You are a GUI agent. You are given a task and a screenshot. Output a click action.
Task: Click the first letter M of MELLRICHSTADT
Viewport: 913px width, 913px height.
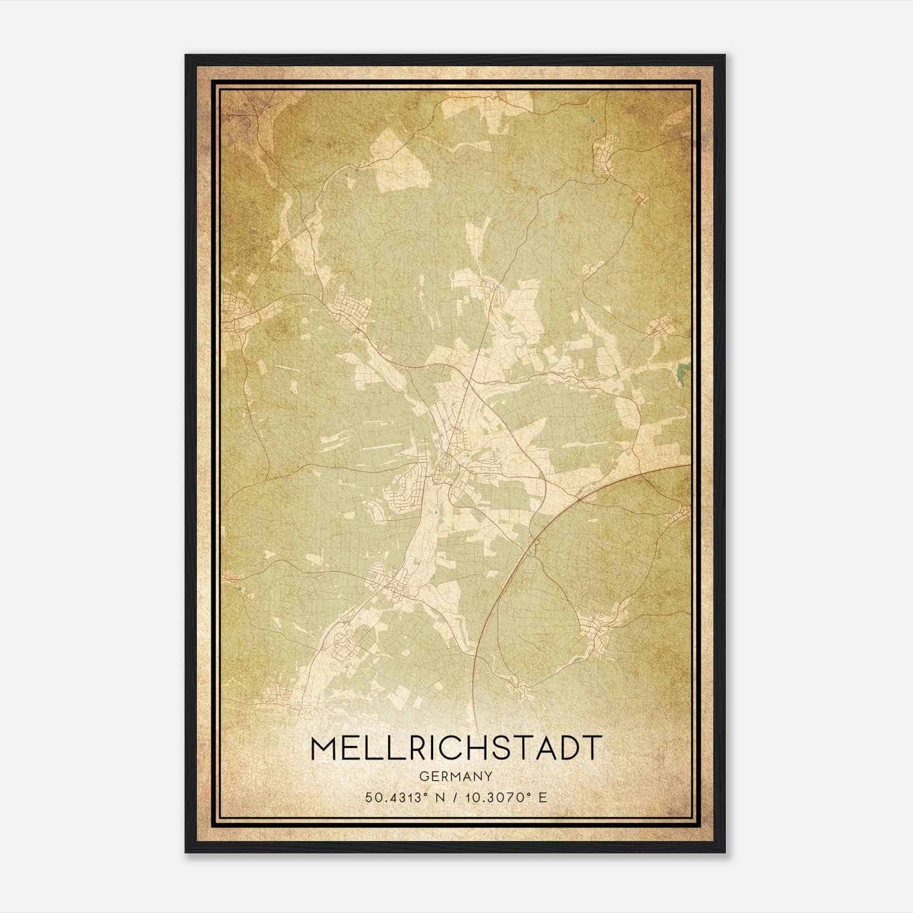click(x=324, y=748)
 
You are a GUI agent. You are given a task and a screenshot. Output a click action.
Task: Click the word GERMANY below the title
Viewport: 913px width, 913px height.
click(x=455, y=776)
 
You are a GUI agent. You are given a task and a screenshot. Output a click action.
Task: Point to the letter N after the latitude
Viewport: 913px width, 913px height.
click(x=439, y=797)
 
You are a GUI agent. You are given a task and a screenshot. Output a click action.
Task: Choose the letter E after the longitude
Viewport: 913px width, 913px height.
click(x=543, y=797)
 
